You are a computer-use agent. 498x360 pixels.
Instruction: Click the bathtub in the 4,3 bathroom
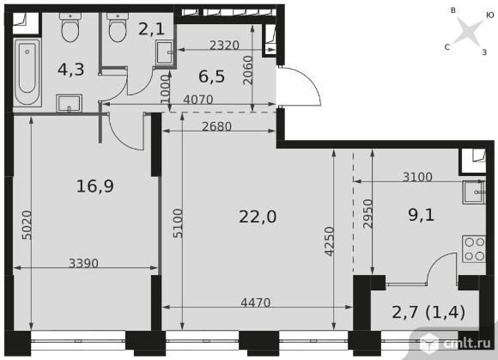coord(27,72)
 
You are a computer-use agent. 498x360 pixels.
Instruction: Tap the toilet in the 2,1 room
coord(118,27)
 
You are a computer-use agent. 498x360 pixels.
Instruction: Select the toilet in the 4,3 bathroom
coord(70,27)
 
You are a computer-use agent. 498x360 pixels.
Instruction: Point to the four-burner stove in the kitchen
coord(474,249)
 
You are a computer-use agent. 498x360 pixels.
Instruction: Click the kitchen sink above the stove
coord(474,192)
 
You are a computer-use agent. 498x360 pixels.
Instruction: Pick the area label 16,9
coord(95,186)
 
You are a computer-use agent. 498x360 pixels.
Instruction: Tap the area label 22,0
coord(258,217)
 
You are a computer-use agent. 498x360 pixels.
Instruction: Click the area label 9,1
coord(421,216)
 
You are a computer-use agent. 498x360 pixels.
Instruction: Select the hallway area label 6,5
coord(211,76)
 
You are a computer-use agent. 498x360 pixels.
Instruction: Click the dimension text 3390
coord(83,263)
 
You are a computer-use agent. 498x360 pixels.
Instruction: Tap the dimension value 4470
coord(255,302)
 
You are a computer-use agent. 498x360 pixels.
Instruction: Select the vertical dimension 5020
coord(27,225)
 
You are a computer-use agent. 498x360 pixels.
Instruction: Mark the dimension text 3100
coord(417,177)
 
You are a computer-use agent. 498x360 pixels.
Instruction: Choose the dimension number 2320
coord(224,46)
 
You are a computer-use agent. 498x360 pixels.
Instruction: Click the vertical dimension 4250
coord(330,241)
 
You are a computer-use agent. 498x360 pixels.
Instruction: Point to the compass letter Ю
coord(489,15)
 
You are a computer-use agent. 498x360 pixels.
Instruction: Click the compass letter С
coord(447,47)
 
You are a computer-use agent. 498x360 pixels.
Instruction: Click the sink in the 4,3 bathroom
coord(69,103)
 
